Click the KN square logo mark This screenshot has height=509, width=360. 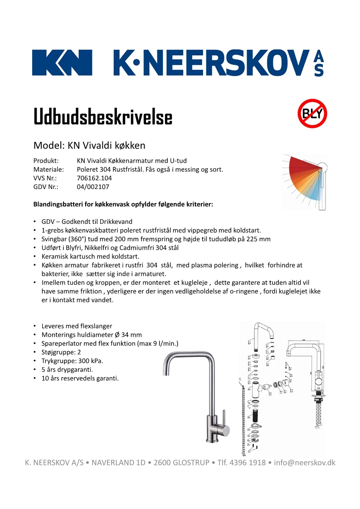coord(62,63)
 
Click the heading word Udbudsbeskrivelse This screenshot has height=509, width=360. coord(103,117)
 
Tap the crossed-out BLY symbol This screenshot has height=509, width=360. coord(312,113)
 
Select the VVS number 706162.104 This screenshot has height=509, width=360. coord(94,178)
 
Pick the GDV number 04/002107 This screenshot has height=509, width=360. coord(93,187)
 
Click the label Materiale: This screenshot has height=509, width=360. coord(49,170)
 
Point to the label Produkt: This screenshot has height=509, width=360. coord(46,161)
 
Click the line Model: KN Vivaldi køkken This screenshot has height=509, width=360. coord(89,145)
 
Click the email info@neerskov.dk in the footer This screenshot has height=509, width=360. coord(305,463)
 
